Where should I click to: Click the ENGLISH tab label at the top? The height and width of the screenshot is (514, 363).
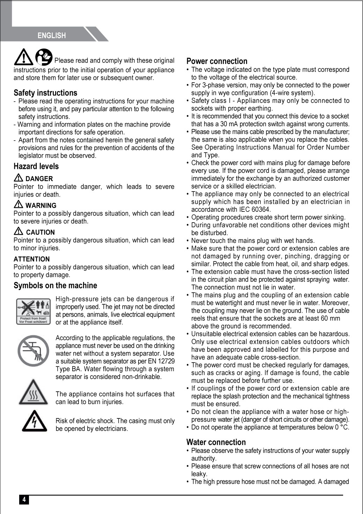click(x=52, y=35)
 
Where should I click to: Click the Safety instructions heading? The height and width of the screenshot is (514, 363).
click(x=45, y=93)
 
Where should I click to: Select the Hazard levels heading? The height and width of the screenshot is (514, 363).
click(x=36, y=166)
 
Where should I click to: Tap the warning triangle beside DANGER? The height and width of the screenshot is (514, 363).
click(x=19, y=178)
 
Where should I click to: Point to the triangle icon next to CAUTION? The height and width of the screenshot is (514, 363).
click(x=19, y=231)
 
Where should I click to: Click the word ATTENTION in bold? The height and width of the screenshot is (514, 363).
click(x=32, y=259)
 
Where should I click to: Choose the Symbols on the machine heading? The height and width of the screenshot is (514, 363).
click(x=55, y=285)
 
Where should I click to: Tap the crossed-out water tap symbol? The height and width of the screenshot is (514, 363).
click(x=33, y=350)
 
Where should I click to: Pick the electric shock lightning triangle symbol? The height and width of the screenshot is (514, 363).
click(x=34, y=421)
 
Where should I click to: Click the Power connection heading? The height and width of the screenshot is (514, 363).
click(x=217, y=61)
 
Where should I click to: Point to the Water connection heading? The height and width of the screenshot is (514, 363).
click(x=216, y=442)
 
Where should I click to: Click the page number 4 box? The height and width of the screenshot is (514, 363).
click(x=24, y=500)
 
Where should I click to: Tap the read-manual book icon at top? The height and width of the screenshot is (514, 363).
click(x=44, y=57)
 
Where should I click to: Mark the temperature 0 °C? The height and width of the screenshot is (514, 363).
click(x=342, y=427)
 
